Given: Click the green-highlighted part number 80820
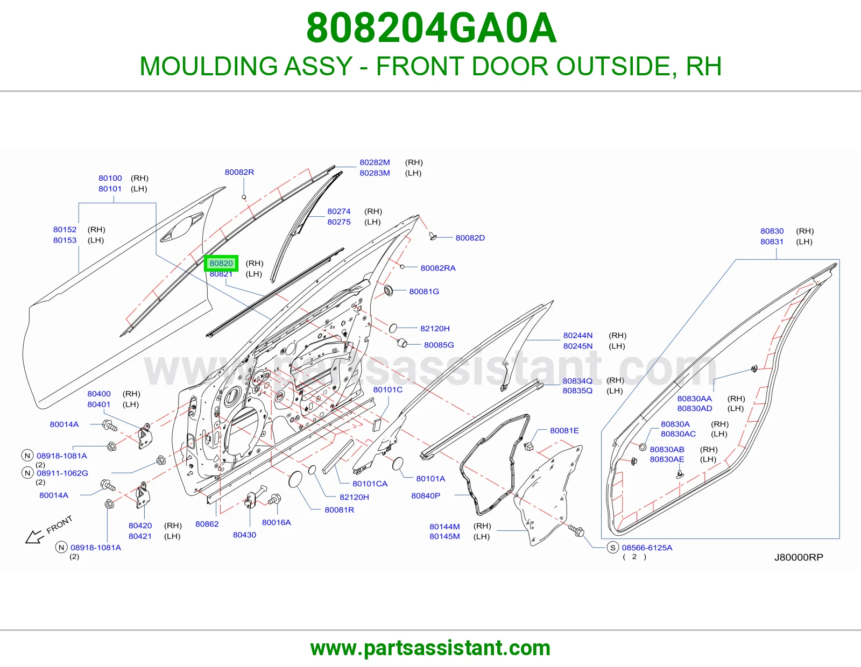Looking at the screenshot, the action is point(221,264).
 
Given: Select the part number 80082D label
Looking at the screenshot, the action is point(470,238).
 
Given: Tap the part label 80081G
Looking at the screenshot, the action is point(424,292).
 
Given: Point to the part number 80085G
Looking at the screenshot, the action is point(439,345).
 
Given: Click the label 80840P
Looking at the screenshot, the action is point(426,495).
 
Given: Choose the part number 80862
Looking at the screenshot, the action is point(207,524).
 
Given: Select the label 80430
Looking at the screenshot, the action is point(244,535).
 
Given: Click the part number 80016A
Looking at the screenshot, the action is point(276,522).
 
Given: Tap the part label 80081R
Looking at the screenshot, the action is point(339,510).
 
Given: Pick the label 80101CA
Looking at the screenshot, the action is point(370,484).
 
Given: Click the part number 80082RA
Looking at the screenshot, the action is point(438,268).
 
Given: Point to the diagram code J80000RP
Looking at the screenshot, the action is point(799,557).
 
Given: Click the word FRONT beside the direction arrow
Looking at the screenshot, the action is point(59,524).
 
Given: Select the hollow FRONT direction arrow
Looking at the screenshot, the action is point(34,537).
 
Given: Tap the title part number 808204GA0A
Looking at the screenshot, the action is point(431,28).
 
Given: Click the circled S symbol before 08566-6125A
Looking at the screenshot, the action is point(612,548).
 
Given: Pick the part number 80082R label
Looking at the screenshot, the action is point(239,172).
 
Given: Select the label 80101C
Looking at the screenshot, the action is point(387,390).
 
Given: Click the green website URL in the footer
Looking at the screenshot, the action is point(430,648).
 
